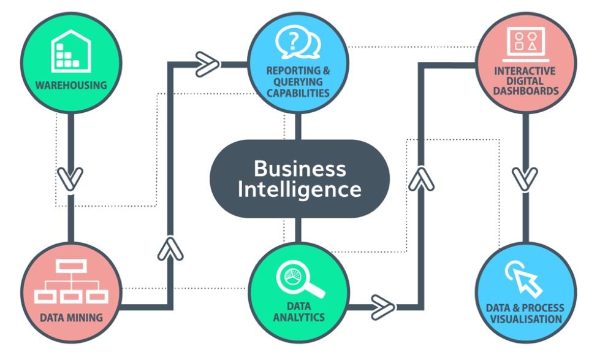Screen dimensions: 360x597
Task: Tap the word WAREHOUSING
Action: (x=71, y=85)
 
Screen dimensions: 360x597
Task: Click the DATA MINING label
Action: (x=71, y=318)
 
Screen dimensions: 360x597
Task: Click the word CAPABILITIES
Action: (x=298, y=93)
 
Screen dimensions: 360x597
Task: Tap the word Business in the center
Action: (x=299, y=168)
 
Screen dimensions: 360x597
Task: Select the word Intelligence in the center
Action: (x=299, y=189)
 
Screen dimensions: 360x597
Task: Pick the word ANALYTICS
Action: (x=299, y=317)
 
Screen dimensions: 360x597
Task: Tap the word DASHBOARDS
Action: (x=526, y=91)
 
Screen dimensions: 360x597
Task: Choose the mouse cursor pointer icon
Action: (x=524, y=278)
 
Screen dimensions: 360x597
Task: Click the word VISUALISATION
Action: (x=524, y=319)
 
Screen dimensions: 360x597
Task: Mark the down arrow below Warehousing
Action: (x=71, y=178)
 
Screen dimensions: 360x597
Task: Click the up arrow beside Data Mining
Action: (x=170, y=248)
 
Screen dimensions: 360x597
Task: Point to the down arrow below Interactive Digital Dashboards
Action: (x=525, y=178)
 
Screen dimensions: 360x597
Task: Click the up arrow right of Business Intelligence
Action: (x=420, y=178)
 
